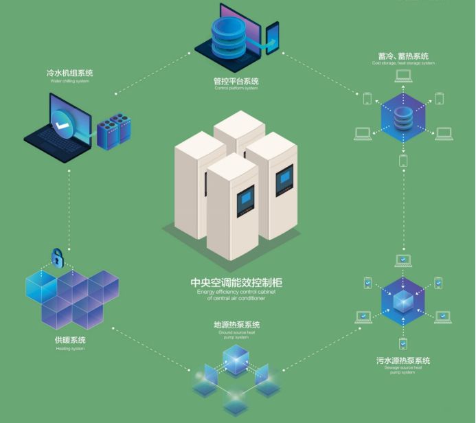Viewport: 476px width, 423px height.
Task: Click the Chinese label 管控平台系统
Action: point(236,81)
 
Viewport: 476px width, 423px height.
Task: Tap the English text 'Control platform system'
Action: point(236,89)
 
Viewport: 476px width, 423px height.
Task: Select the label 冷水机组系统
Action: point(70,73)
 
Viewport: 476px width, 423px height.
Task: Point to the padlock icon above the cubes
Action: point(58,258)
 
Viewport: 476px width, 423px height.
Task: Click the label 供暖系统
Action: point(71,341)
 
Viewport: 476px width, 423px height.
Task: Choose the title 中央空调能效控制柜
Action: point(236,283)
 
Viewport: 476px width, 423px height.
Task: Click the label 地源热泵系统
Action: point(236,325)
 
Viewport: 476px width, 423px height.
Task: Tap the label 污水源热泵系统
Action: point(403,361)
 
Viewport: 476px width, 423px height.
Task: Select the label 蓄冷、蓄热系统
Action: point(403,56)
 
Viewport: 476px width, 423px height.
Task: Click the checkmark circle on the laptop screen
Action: point(63,126)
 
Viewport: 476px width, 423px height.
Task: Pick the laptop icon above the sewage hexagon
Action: point(403,260)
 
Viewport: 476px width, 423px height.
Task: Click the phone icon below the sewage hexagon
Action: point(403,343)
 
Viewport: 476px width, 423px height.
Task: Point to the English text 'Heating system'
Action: point(70,348)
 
